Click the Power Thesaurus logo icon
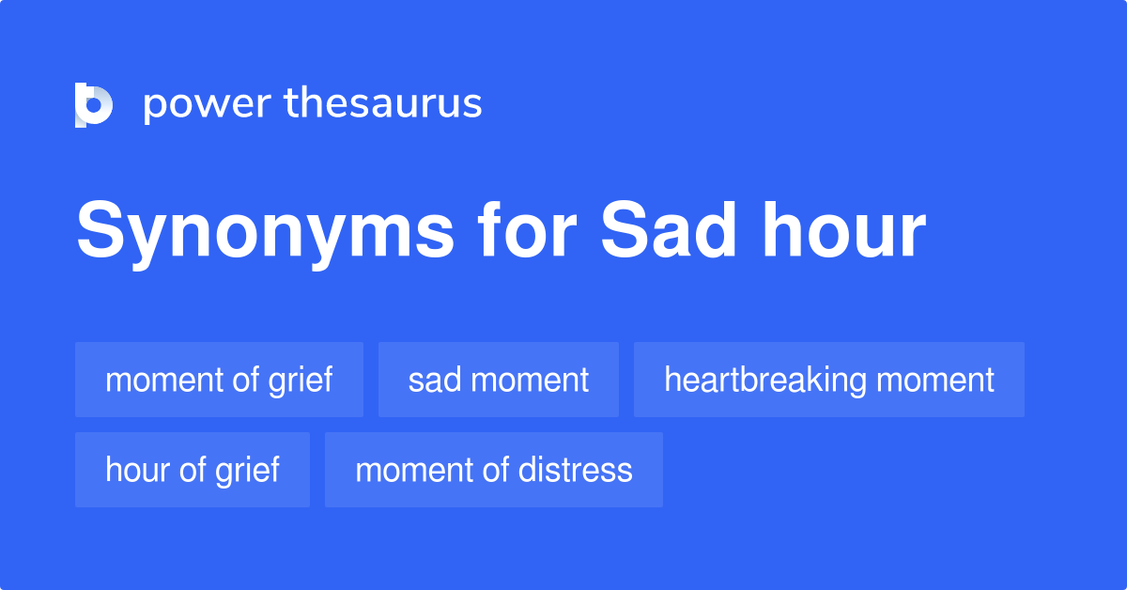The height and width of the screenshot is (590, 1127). tap(94, 104)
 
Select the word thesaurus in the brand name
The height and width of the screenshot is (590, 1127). tap(383, 104)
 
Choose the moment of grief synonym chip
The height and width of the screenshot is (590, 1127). tap(219, 380)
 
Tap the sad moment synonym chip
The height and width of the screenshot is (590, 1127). tap(498, 380)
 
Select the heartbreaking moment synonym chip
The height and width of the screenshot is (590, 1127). tap(828, 380)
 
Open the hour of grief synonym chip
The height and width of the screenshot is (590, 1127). tap(192, 470)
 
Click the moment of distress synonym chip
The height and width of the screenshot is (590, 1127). tap(493, 470)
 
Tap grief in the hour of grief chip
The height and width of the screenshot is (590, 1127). tap(251, 470)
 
